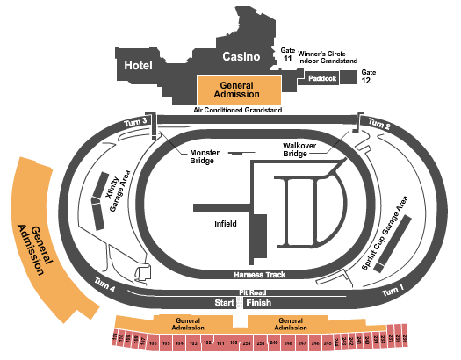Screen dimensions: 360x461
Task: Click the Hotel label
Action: [139, 65]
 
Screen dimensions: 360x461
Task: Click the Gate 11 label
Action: [287, 56]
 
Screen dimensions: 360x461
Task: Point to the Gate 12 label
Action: [369, 76]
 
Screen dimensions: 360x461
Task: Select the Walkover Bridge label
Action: [294, 149]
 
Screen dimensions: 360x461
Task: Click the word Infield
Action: [226, 224]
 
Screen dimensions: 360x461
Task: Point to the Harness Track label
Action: [261, 274]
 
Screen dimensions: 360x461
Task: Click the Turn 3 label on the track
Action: [135, 121]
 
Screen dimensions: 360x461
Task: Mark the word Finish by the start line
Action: [260, 302]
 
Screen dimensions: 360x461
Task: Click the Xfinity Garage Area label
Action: [119, 191]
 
